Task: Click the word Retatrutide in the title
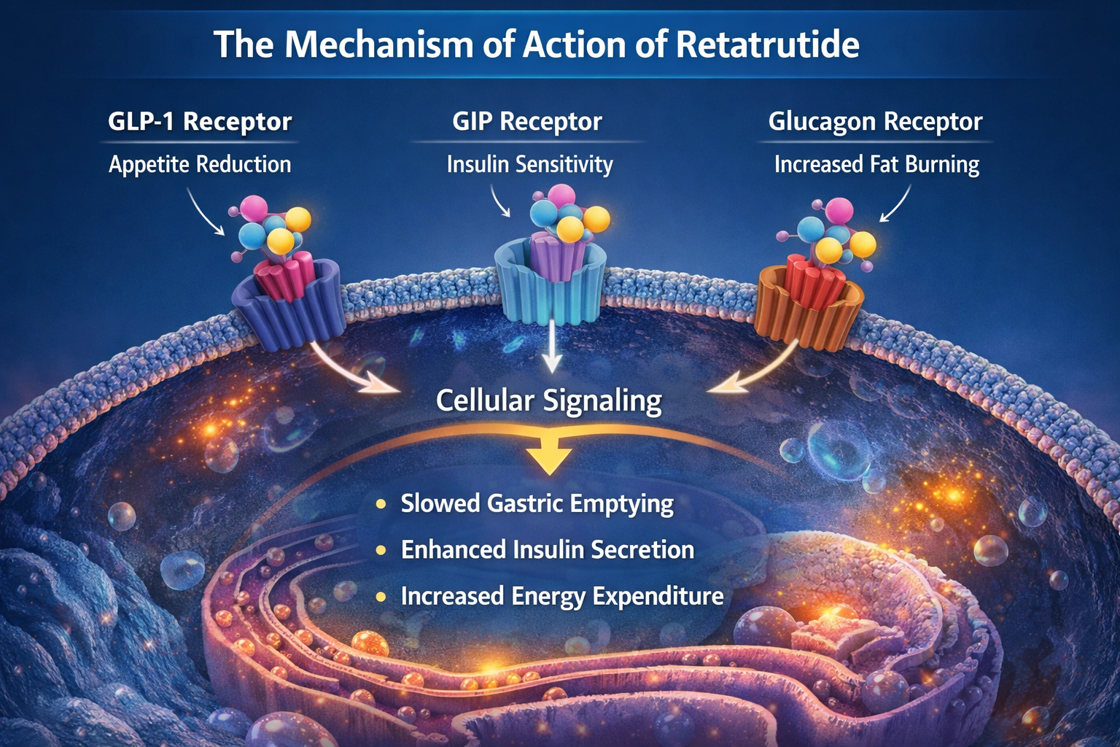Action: point(767,45)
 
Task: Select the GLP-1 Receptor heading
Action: point(200,121)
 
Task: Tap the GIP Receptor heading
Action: point(526,121)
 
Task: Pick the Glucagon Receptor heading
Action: point(875,121)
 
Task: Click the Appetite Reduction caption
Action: point(200,164)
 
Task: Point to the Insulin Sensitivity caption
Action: point(529,164)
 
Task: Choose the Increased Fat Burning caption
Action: point(876,164)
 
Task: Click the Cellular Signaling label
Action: point(548,400)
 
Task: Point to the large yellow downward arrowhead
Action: point(549,458)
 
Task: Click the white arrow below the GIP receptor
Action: point(552,347)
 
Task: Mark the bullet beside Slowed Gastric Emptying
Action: point(381,504)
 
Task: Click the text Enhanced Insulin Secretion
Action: point(547,550)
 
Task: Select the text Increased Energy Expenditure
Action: point(561,596)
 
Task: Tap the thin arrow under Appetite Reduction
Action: point(205,212)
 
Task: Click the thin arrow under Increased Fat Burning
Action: point(896,204)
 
